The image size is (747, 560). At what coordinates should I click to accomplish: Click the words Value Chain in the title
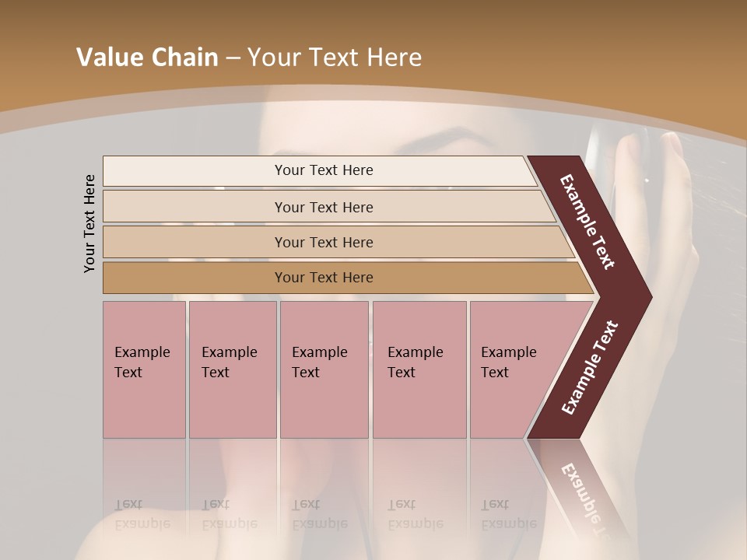click(x=147, y=58)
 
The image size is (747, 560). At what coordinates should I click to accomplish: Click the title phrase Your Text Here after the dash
click(x=335, y=58)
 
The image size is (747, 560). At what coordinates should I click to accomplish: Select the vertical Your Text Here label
click(x=89, y=223)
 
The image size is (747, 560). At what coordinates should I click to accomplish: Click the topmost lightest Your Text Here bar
click(x=323, y=170)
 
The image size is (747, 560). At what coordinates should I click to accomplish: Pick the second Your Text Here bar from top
click(x=323, y=207)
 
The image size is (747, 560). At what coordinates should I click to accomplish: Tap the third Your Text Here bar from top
click(x=323, y=242)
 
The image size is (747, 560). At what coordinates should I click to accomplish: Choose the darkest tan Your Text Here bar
click(x=323, y=278)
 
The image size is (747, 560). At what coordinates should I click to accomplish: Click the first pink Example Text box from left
click(x=144, y=369)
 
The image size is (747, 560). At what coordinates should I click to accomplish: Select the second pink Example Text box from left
click(x=232, y=369)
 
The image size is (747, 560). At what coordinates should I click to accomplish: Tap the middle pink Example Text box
click(x=324, y=369)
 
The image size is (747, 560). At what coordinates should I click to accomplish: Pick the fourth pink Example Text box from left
click(x=419, y=369)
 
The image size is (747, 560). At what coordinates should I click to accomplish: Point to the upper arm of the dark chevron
click(x=588, y=222)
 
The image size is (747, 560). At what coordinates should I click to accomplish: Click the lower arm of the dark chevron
click(x=590, y=367)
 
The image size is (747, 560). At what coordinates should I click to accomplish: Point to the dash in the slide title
click(x=233, y=59)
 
